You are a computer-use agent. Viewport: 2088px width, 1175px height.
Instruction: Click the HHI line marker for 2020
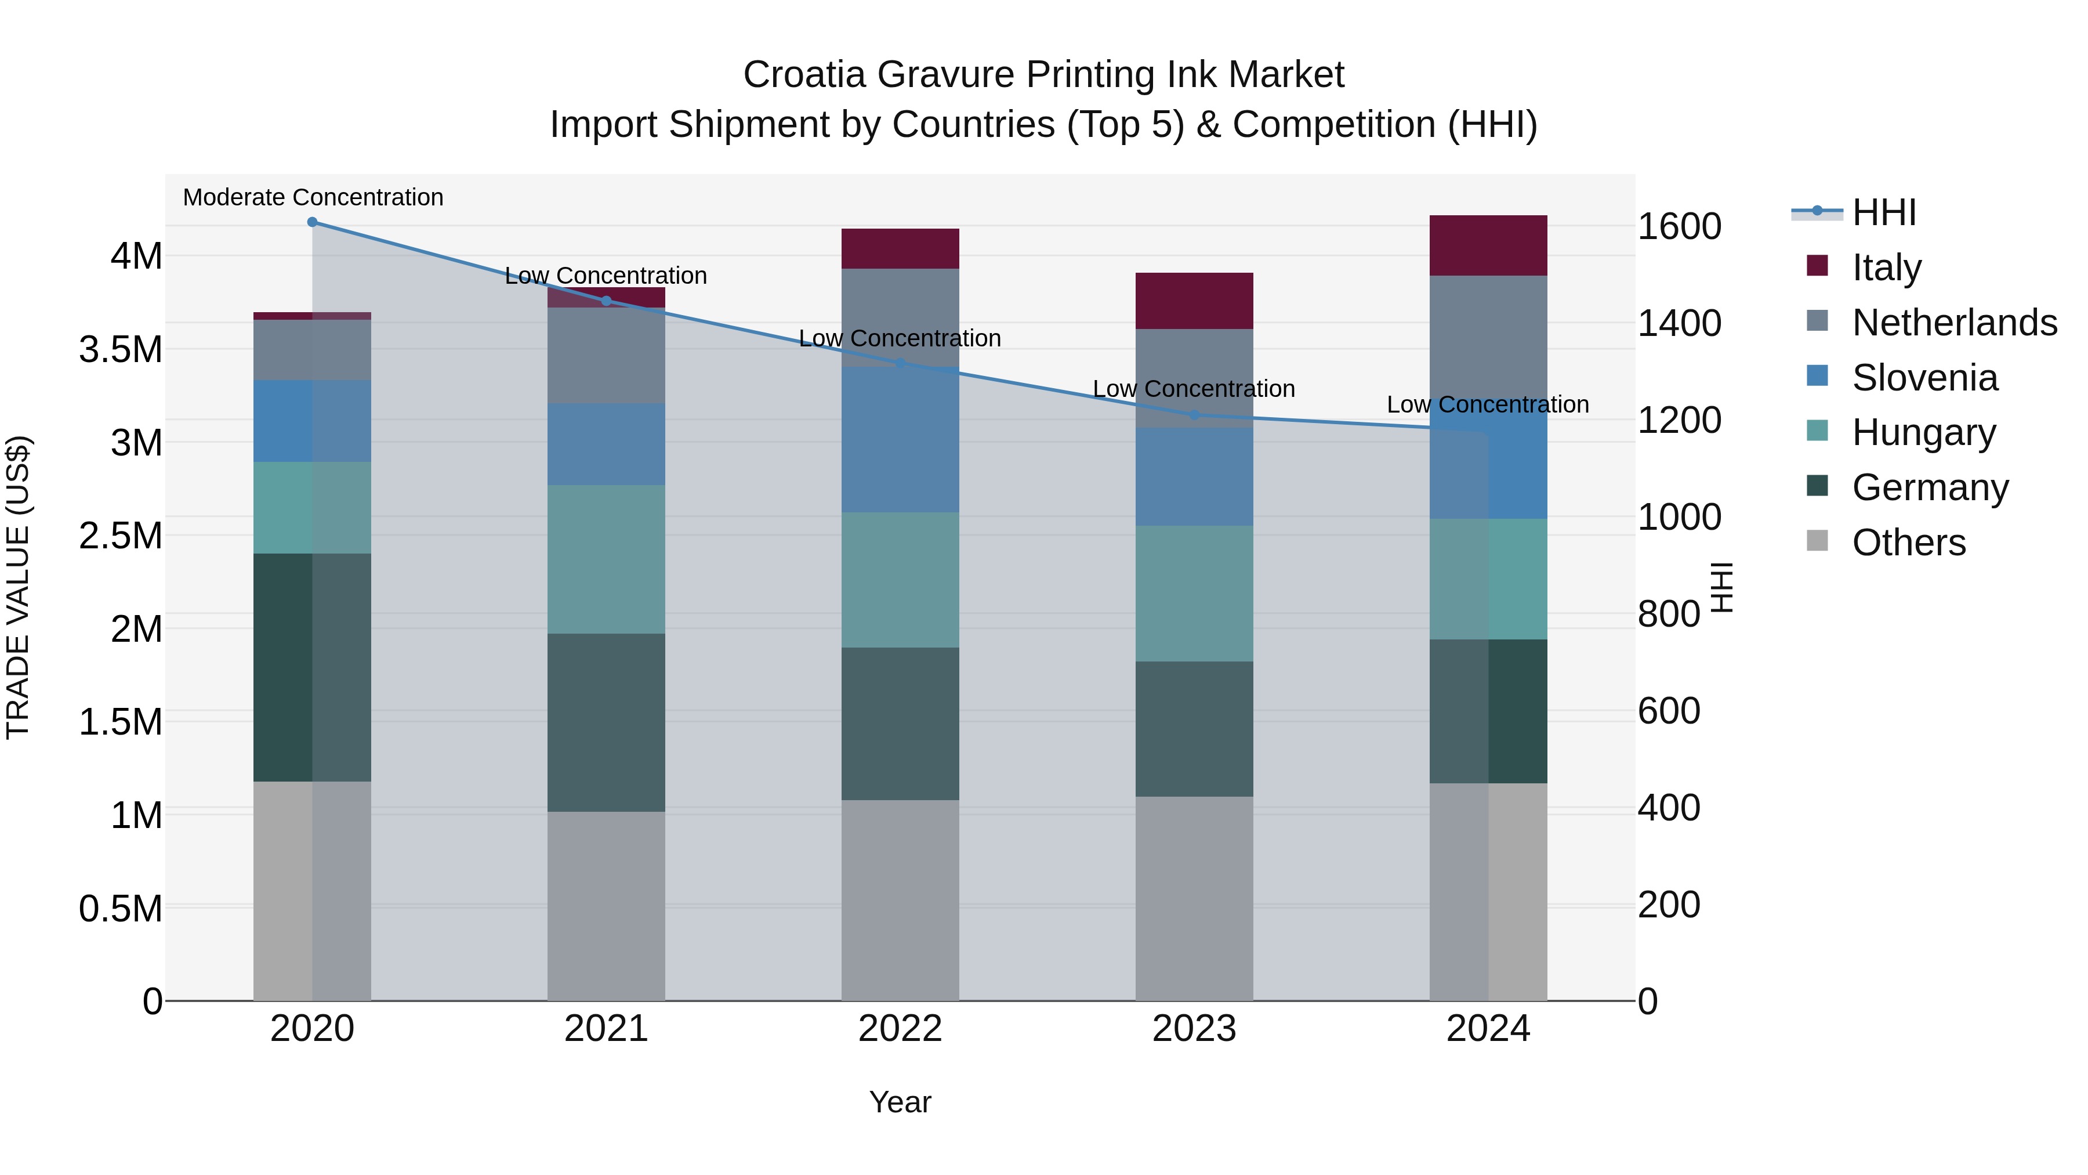pos(312,222)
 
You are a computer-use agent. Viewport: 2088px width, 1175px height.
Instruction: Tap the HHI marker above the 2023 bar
pos(1194,415)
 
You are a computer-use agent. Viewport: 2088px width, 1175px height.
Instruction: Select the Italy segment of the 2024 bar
pos(1488,245)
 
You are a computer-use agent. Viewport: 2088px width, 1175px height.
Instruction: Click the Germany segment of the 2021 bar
pos(606,722)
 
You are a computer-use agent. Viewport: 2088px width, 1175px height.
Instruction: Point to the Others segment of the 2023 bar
pos(1194,898)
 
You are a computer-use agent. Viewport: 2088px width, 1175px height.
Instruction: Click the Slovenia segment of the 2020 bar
pos(312,421)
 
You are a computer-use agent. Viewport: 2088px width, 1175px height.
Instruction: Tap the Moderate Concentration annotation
pos(313,197)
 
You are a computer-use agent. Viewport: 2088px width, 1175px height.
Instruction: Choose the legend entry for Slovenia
pos(1924,378)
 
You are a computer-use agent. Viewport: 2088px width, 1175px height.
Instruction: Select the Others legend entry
pos(1908,543)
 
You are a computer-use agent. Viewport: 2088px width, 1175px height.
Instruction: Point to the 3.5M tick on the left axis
pos(121,349)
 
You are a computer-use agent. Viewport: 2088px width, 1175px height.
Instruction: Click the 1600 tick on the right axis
pos(1679,226)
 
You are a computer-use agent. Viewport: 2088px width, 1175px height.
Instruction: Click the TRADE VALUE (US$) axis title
pos(18,587)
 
